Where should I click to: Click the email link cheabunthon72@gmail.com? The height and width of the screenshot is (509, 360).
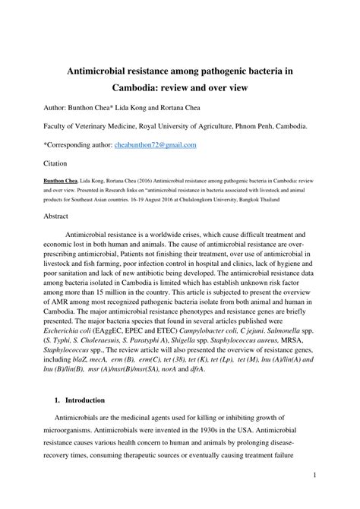point(155,144)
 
